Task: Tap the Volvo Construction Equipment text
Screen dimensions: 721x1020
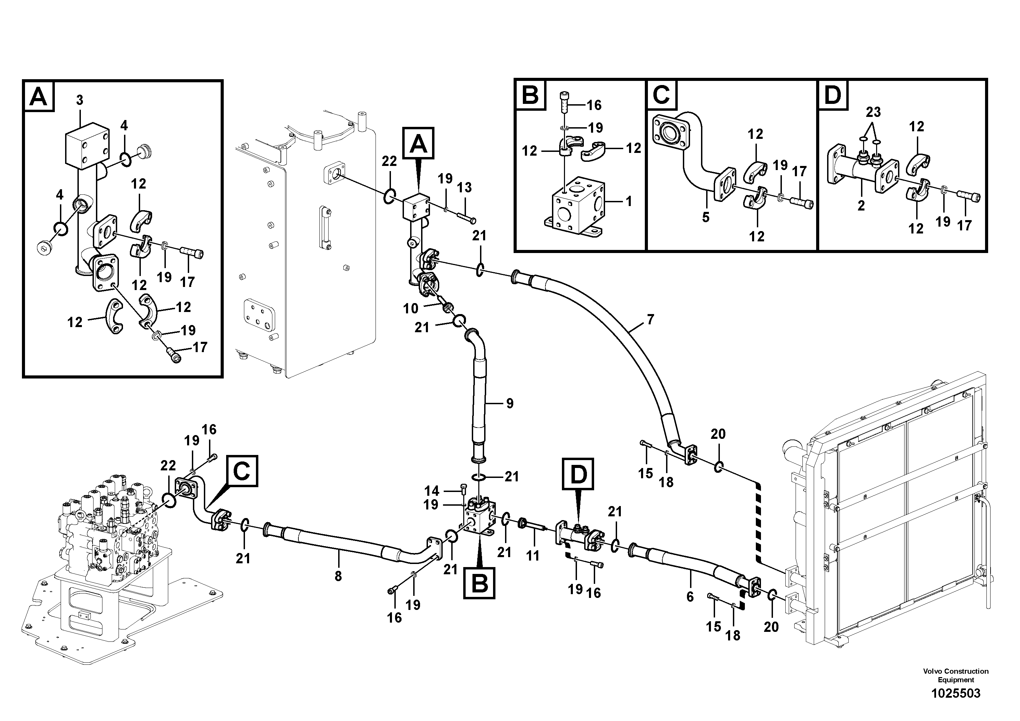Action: click(x=955, y=676)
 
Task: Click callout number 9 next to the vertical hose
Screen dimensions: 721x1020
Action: click(x=509, y=403)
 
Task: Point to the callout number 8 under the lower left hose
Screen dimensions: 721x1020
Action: click(x=338, y=577)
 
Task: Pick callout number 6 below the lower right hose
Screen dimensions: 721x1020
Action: click(x=690, y=597)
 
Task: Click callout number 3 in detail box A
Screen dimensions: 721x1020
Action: click(x=79, y=100)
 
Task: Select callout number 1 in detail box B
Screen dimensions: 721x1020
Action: click(x=629, y=201)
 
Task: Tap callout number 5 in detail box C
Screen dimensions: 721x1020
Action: click(x=706, y=217)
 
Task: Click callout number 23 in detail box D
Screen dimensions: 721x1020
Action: click(x=873, y=112)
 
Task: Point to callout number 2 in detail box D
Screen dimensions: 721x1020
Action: click(x=861, y=206)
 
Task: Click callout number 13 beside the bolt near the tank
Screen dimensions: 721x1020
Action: click(x=464, y=188)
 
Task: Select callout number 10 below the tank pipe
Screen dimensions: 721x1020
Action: click(x=410, y=308)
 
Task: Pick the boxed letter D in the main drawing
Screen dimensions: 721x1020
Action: click(x=578, y=475)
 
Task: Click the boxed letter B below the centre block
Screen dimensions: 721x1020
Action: click(x=479, y=583)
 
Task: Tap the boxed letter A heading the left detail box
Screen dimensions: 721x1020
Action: click(x=39, y=96)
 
